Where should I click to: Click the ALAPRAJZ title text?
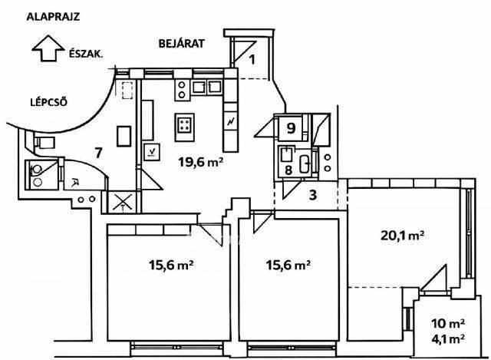pos(53,17)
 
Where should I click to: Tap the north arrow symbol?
pos(48,48)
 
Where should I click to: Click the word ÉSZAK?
pos(86,54)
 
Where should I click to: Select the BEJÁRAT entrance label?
pos(182,43)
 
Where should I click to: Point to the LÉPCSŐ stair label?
pos(48,102)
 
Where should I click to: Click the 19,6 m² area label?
pos(201,162)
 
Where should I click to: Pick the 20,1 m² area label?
pos(403,235)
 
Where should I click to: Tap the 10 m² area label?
pos(447,323)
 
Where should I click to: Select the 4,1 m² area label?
pos(447,338)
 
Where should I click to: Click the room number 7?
pos(99,153)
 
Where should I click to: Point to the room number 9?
pos(291,128)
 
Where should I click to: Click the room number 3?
pos(313,194)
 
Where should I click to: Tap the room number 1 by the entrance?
pos(252,59)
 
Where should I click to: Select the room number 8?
pos(288,170)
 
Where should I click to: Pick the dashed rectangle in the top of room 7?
pos(127,91)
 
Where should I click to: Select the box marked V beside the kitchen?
pos(152,152)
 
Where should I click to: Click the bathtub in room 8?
pos(305,163)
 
